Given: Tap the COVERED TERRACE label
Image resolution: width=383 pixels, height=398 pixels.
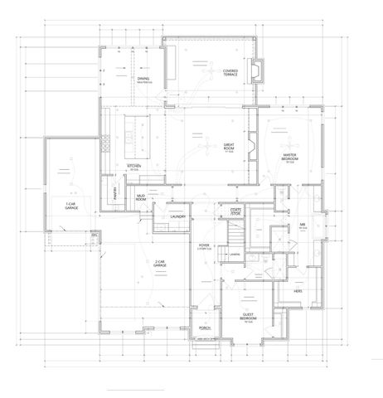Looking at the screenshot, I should pos(230,73).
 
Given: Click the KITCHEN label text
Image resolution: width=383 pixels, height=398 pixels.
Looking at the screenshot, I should pos(134,166).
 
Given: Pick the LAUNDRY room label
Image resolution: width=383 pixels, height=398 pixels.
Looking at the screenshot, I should pos(177,216).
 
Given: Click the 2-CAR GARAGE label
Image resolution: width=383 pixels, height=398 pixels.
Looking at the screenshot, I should pos(149,266).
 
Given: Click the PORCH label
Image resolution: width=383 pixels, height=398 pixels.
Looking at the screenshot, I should pos(205,328).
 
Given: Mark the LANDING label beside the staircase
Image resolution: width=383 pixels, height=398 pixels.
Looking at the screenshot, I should pos(236,254).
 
